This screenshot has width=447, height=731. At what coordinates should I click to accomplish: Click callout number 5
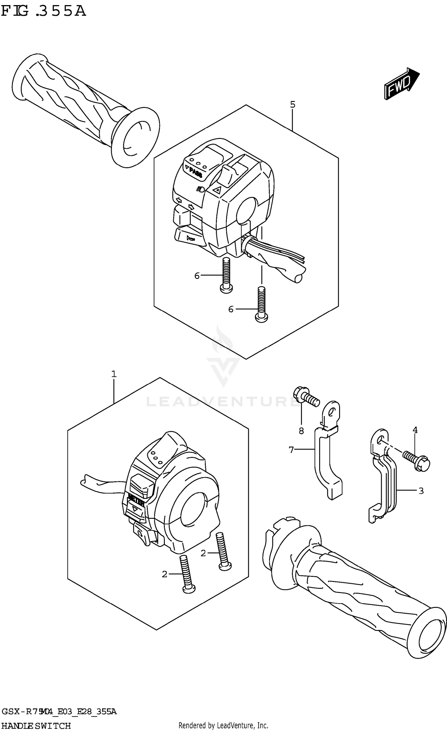pyautogui.click(x=292, y=105)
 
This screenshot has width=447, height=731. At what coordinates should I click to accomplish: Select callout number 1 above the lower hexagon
pyautogui.click(x=114, y=374)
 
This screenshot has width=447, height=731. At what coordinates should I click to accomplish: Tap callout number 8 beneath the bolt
pyautogui.click(x=301, y=431)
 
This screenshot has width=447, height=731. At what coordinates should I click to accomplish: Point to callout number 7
pyautogui.click(x=291, y=450)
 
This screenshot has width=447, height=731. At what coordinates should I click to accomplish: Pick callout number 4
pyautogui.click(x=415, y=430)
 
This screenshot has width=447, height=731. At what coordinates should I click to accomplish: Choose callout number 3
pyautogui.click(x=421, y=491)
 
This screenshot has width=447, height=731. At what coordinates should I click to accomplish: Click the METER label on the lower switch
pyautogui.click(x=136, y=504)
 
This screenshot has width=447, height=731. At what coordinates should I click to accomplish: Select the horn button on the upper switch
pyautogui.click(x=190, y=238)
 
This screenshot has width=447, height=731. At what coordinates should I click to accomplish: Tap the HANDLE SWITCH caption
pyautogui.click(x=36, y=726)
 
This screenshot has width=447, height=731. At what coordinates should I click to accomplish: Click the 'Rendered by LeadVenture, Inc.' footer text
pyautogui.click(x=223, y=725)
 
